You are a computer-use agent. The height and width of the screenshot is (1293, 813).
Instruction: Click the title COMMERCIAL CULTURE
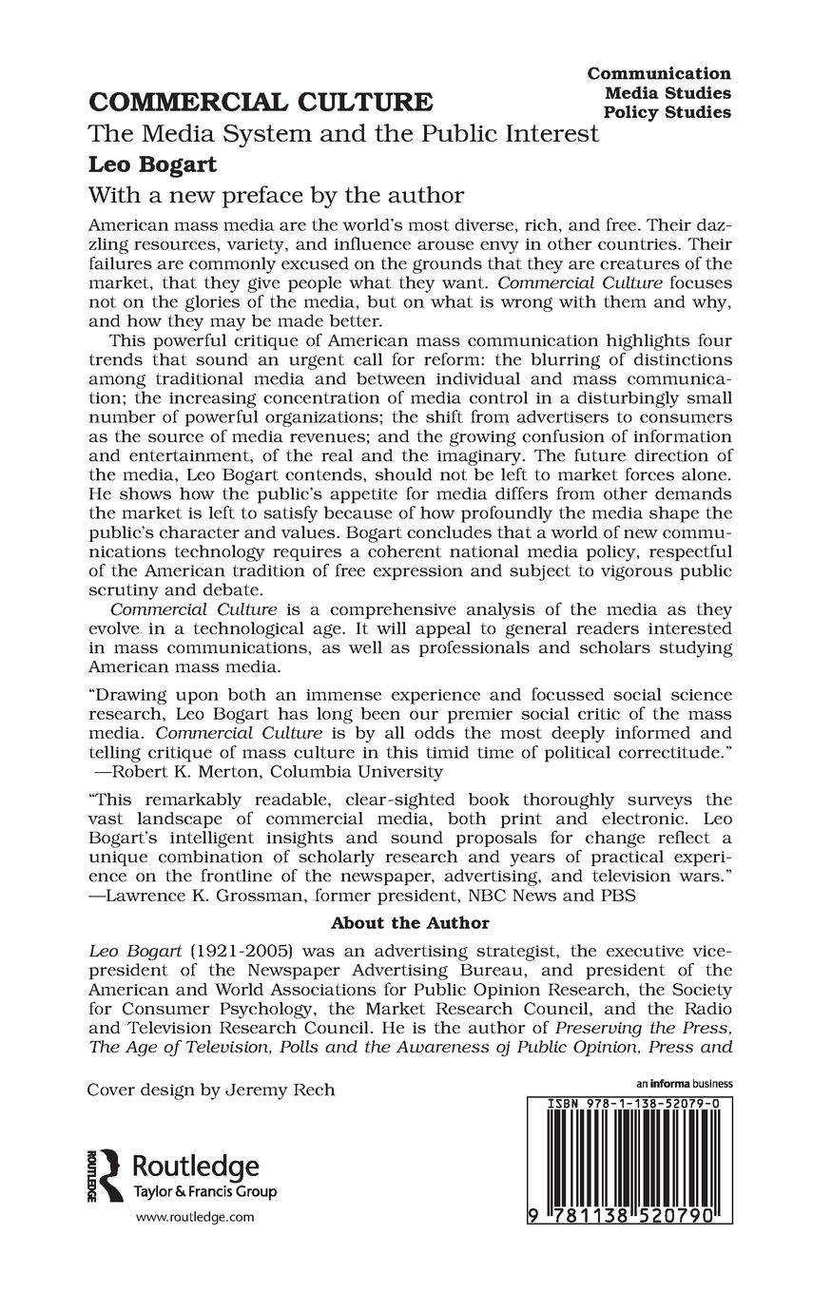coord(261,103)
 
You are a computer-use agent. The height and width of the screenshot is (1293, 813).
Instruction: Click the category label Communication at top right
coord(659,73)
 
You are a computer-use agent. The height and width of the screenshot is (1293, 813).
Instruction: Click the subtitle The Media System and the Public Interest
coord(343,134)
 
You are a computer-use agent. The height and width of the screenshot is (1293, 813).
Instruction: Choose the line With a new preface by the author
coord(276,196)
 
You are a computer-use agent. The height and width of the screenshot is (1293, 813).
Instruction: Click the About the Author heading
coord(410,922)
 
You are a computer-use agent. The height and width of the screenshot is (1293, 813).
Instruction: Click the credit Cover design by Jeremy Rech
coord(211,1090)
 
